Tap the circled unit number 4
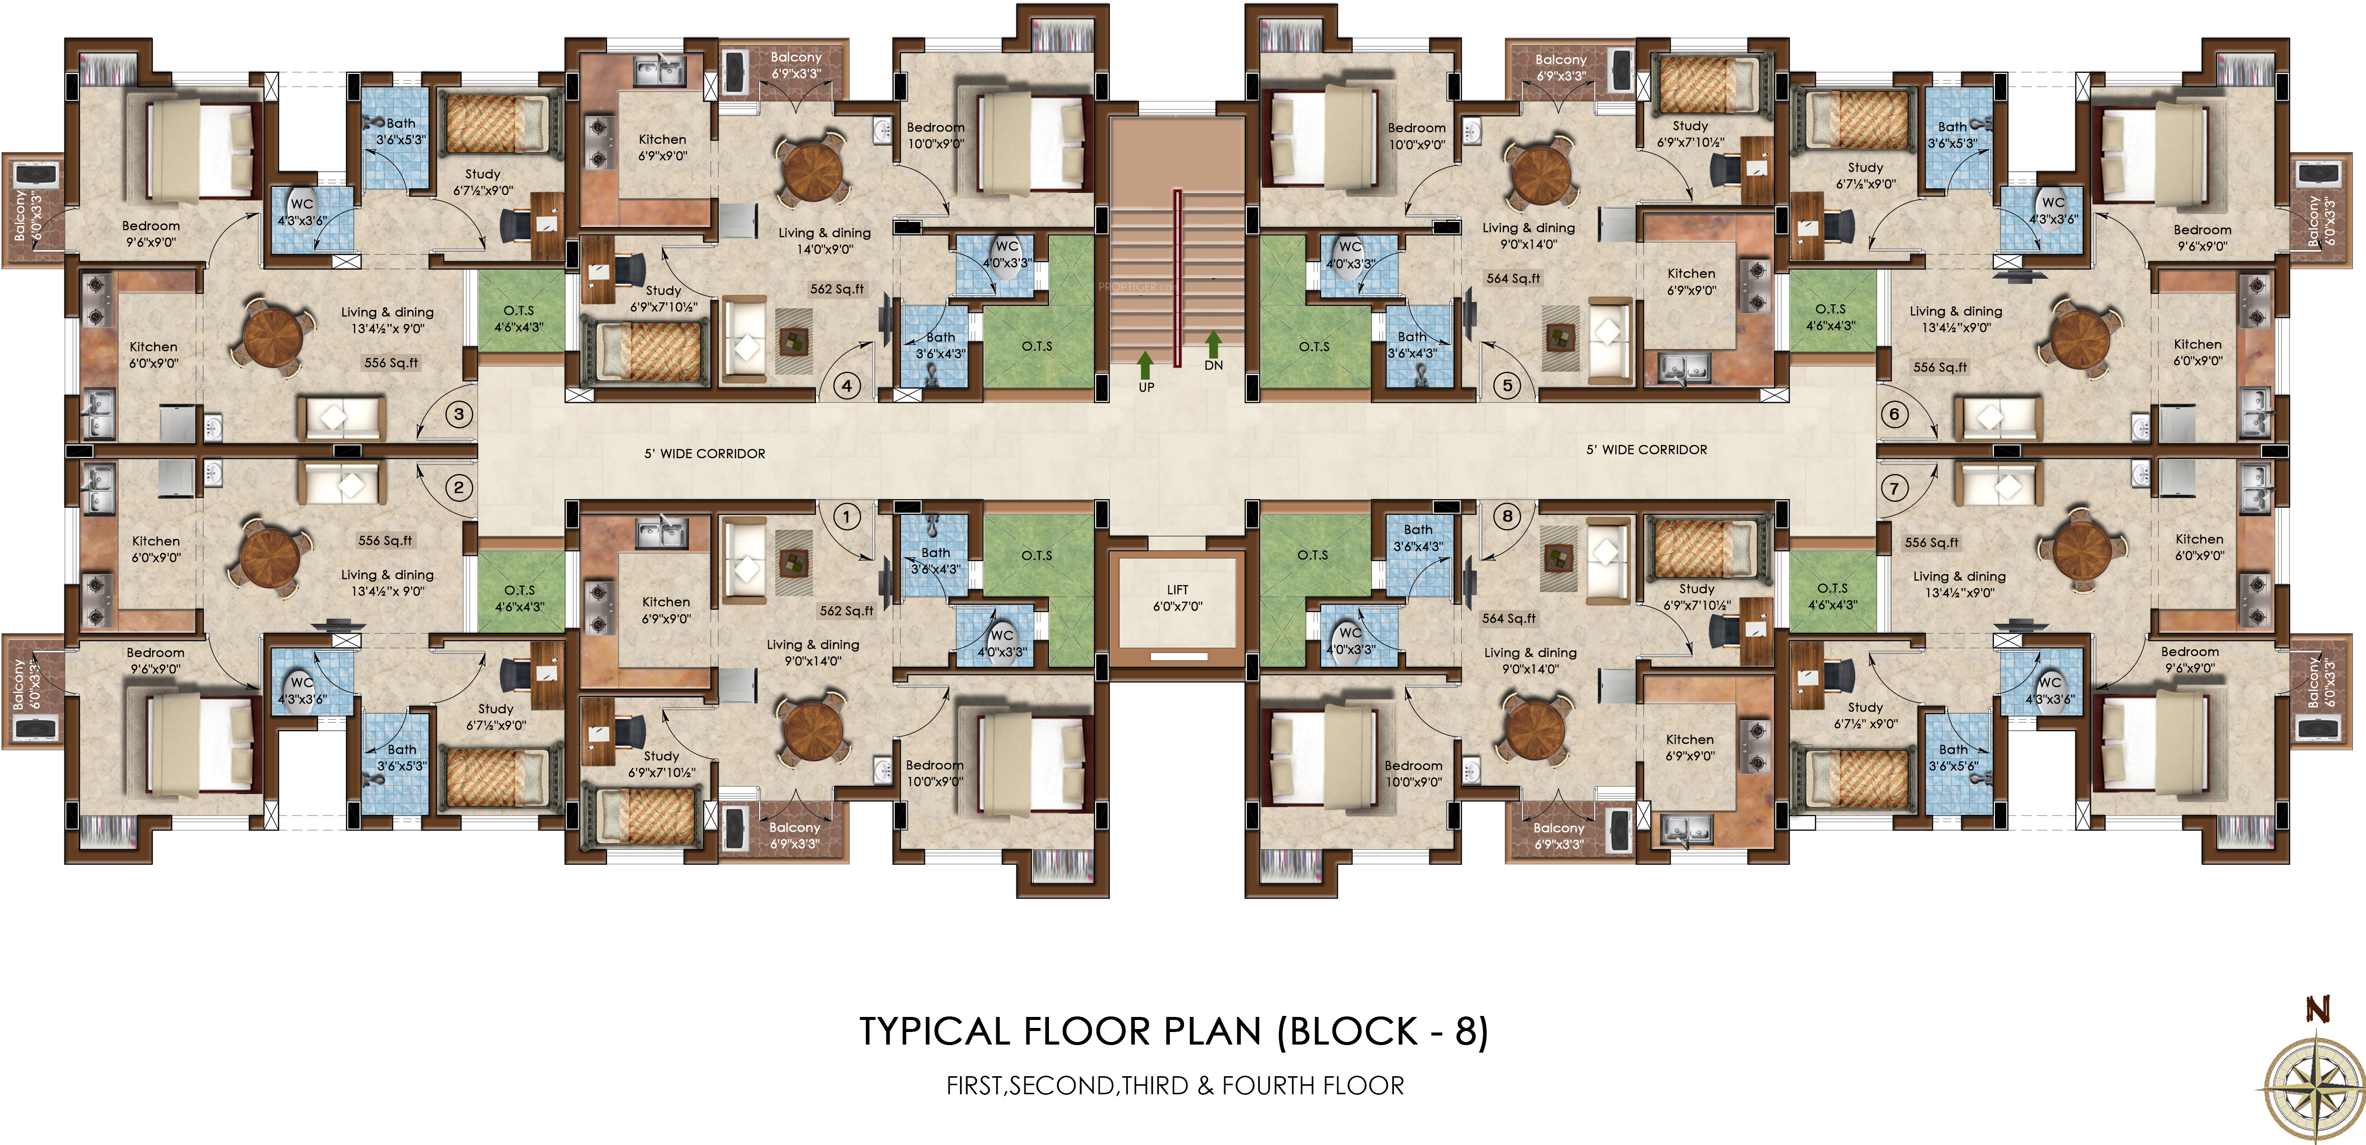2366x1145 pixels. coord(846,386)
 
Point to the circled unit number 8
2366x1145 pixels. coord(1506,516)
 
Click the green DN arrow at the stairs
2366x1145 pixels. coord(1213,345)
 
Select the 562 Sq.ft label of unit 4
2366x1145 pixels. coord(837,289)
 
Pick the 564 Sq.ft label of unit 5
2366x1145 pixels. coord(1514,278)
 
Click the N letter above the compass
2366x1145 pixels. coord(2318,1010)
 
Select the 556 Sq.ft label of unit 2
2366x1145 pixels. coord(385,540)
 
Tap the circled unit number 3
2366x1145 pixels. coord(459,414)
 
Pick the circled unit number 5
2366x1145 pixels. coord(1506,386)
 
